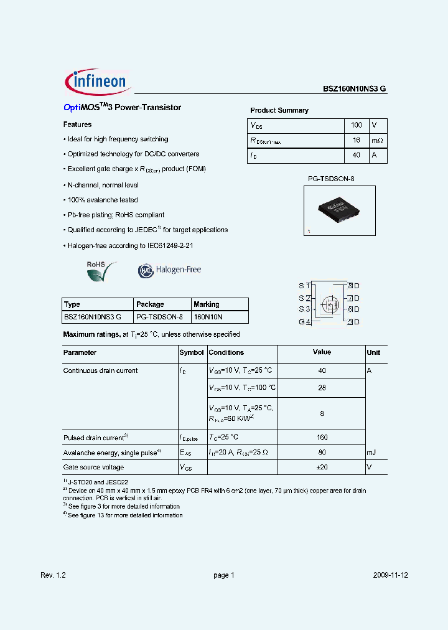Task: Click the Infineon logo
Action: click(96, 82)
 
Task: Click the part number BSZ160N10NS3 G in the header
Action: click(354, 89)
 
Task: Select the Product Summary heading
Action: click(279, 110)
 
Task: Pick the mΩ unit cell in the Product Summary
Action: click(378, 141)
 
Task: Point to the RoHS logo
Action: click(100, 271)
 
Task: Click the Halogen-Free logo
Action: click(169, 270)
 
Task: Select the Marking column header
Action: click(207, 304)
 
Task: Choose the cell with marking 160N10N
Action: click(208, 317)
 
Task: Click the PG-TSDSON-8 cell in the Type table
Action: click(159, 317)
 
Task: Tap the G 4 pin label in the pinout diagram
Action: click(304, 322)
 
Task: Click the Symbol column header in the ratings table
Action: click(192, 352)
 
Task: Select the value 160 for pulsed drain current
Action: click(322, 438)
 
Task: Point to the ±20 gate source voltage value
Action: click(322, 468)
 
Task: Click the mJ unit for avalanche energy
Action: click(371, 453)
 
